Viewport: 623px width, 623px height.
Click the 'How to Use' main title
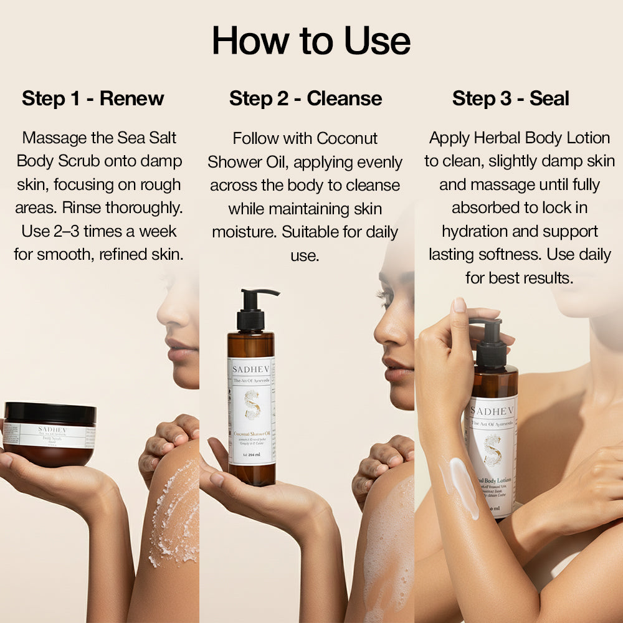[x=311, y=41]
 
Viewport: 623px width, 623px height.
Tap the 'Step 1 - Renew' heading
[x=93, y=98]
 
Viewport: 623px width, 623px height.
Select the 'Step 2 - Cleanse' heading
[x=305, y=98]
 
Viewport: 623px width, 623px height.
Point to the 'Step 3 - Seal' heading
[x=511, y=98]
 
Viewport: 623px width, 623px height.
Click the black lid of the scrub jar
[x=50, y=413]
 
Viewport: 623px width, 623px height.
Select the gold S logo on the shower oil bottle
[x=252, y=404]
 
